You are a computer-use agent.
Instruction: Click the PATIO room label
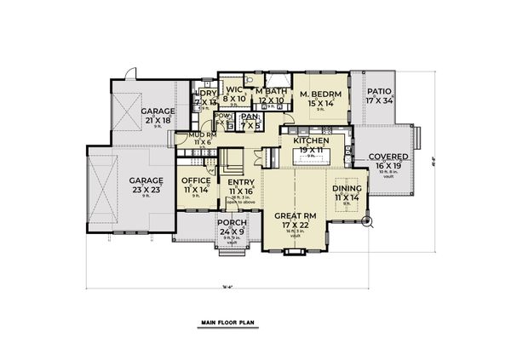click(378, 91)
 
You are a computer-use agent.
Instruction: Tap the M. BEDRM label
click(320, 93)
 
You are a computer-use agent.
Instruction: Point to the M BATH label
click(270, 91)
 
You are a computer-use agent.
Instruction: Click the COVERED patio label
click(388, 157)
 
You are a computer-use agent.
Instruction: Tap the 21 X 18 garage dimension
click(158, 121)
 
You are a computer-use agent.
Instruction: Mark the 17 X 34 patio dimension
click(378, 100)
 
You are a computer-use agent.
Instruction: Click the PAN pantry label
click(250, 117)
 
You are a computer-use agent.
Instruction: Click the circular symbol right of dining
click(369, 223)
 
